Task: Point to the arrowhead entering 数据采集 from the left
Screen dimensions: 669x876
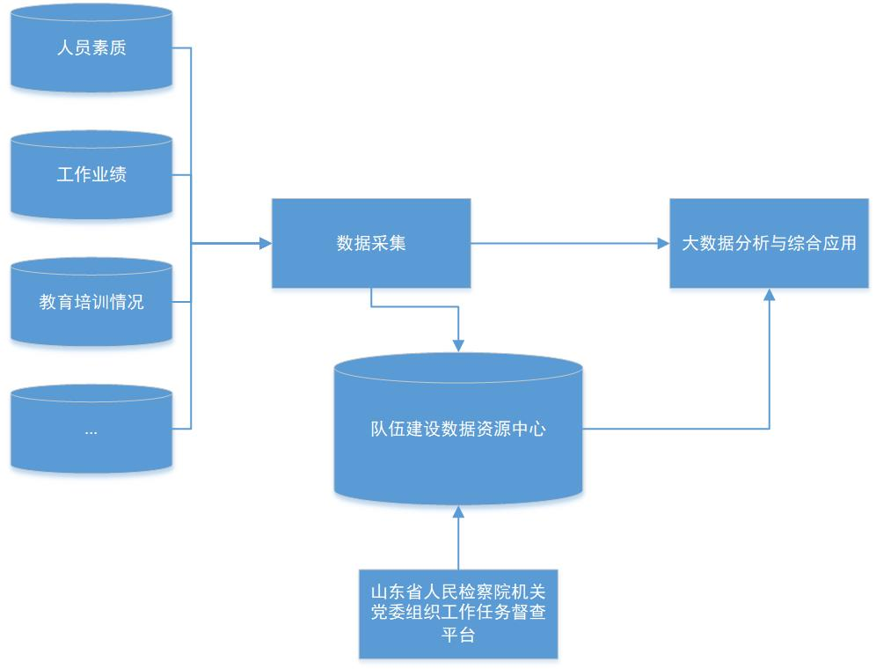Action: [x=265, y=243]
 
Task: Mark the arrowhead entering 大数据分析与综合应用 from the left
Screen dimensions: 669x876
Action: [x=663, y=243]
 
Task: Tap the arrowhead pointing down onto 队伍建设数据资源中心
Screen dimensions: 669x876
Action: [x=458, y=346]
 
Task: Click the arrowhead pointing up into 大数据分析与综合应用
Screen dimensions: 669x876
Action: [x=770, y=295]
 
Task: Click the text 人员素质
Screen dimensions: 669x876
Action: [x=91, y=48]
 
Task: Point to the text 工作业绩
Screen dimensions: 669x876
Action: [x=91, y=174]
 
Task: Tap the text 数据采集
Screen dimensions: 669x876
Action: [x=370, y=243]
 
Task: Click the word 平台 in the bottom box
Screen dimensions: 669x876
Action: [x=458, y=634]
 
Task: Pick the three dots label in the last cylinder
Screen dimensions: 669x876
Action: [x=91, y=431]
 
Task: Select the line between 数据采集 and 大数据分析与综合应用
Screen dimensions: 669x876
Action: [x=563, y=243]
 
